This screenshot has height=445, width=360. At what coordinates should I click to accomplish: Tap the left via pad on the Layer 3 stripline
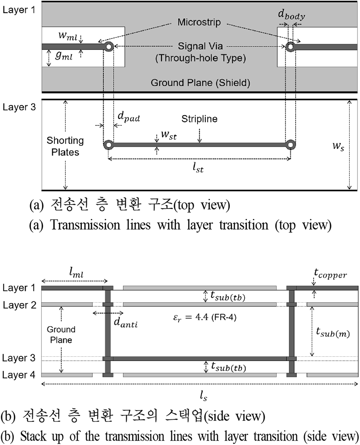point(108,145)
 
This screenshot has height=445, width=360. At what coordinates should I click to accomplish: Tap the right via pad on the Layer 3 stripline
point(290,145)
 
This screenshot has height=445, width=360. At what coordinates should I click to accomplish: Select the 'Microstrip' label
point(199,22)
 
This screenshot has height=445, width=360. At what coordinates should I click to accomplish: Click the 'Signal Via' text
point(200,46)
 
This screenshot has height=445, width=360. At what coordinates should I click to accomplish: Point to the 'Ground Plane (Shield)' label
point(200,83)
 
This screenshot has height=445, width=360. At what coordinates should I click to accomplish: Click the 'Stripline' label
point(199,119)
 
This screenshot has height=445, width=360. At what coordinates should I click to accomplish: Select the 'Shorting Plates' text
point(65,147)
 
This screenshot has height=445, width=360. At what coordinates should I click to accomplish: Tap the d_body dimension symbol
point(292,15)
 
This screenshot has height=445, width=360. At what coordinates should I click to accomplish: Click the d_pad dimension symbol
point(129,117)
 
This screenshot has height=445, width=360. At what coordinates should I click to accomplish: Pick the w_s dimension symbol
point(338,147)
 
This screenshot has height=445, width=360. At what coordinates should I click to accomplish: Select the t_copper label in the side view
point(330,274)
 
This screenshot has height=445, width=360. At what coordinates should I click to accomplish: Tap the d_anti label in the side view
point(126,322)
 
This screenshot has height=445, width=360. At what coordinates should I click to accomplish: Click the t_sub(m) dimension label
point(333,332)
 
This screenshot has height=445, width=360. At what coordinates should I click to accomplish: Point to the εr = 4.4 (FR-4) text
point(205,317)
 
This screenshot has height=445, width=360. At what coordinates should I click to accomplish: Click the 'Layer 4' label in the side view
point(19,375)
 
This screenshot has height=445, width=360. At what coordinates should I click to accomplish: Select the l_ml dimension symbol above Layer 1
point(76,273)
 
